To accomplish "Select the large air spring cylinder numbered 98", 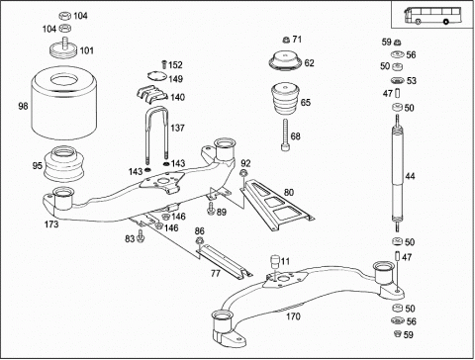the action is point(64,103).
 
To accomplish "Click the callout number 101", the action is point(87,50).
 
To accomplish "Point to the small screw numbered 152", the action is point(163,64).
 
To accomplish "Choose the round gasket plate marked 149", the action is point(156,76).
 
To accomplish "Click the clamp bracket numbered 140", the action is point(152,94).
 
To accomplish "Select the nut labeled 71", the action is point(286,40).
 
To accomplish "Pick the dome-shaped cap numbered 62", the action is point(285,60).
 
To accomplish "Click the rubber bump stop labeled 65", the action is point(285,98).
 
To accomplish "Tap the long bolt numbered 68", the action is point(285,135).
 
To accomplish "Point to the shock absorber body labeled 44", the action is point(398,173).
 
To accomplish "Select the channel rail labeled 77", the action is point(225,260).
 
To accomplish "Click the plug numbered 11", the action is point(275,262).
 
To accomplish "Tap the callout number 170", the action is point(293,316).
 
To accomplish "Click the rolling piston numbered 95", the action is point(63,163).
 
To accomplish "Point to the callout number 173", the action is point(51,225).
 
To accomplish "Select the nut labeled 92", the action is point(242,173).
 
